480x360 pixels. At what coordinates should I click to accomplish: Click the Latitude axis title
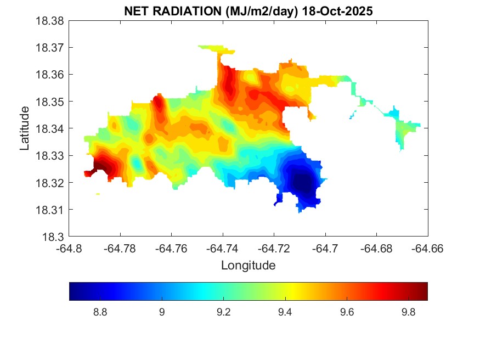pyautogui.click(x=24, y=128)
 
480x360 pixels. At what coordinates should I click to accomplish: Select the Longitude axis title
pyautogui.click(x=248, y=266)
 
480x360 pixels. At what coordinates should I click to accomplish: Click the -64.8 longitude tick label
pyautogui.click(x=69, y=249)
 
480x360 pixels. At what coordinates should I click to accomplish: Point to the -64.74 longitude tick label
pyautogui.click(x=223, y=249)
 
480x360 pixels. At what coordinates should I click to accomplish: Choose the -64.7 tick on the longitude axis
pyautogui.click(x=325, y=249)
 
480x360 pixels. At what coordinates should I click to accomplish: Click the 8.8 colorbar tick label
pyautogui.click(x=100, y=312)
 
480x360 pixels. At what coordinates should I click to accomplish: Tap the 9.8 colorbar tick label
pyautogui.click(x=408, y=312)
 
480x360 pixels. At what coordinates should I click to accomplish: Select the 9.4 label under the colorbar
pyautogui.click(x=285, y=312)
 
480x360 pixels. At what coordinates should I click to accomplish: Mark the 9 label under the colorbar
pyautogui.click(x=161, y=312)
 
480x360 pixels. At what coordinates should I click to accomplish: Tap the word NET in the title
pyautogui.click(x=137, y=10)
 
